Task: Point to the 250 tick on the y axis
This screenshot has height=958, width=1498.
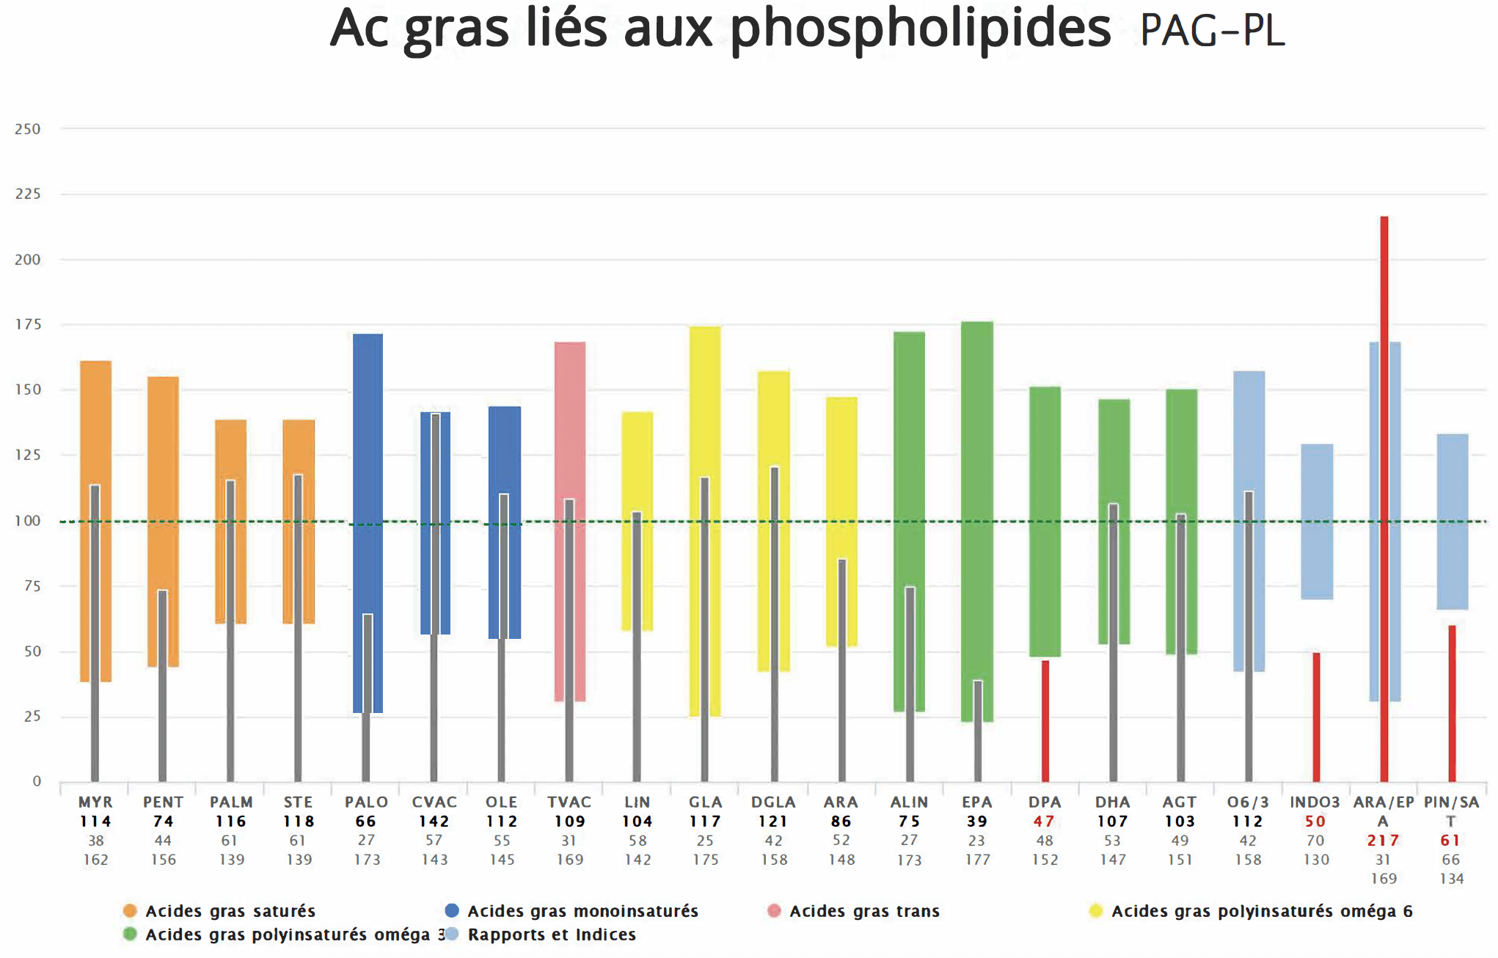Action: tap(28, 129)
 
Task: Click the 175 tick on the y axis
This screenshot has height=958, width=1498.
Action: tap(28, 324)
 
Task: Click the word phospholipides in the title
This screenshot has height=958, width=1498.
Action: tap(920, 29)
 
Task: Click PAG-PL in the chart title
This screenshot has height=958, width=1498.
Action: tap(1212, 31)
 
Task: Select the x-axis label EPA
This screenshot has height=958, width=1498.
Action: tap(977, 802)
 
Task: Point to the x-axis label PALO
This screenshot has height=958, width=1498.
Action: tap(366, 802)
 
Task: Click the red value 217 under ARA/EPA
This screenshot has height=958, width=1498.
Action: tap(1383, 841)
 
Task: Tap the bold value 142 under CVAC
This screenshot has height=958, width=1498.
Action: tap(434, 822)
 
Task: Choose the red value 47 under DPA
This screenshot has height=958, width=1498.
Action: tap(1044, 822)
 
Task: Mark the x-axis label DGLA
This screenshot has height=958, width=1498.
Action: tap(773, 802)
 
